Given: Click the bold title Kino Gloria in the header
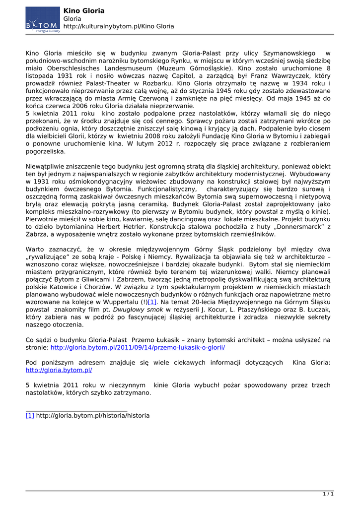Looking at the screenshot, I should pyautogui.click(x=84, y=10).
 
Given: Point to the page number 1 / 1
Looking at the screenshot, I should pyautogui.click(x=328, y=494).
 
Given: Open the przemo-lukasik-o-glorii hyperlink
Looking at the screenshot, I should pyautogui.click(x=138, y=347).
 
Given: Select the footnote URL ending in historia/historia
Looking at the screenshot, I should pyautogui.click(x=92, y=415).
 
